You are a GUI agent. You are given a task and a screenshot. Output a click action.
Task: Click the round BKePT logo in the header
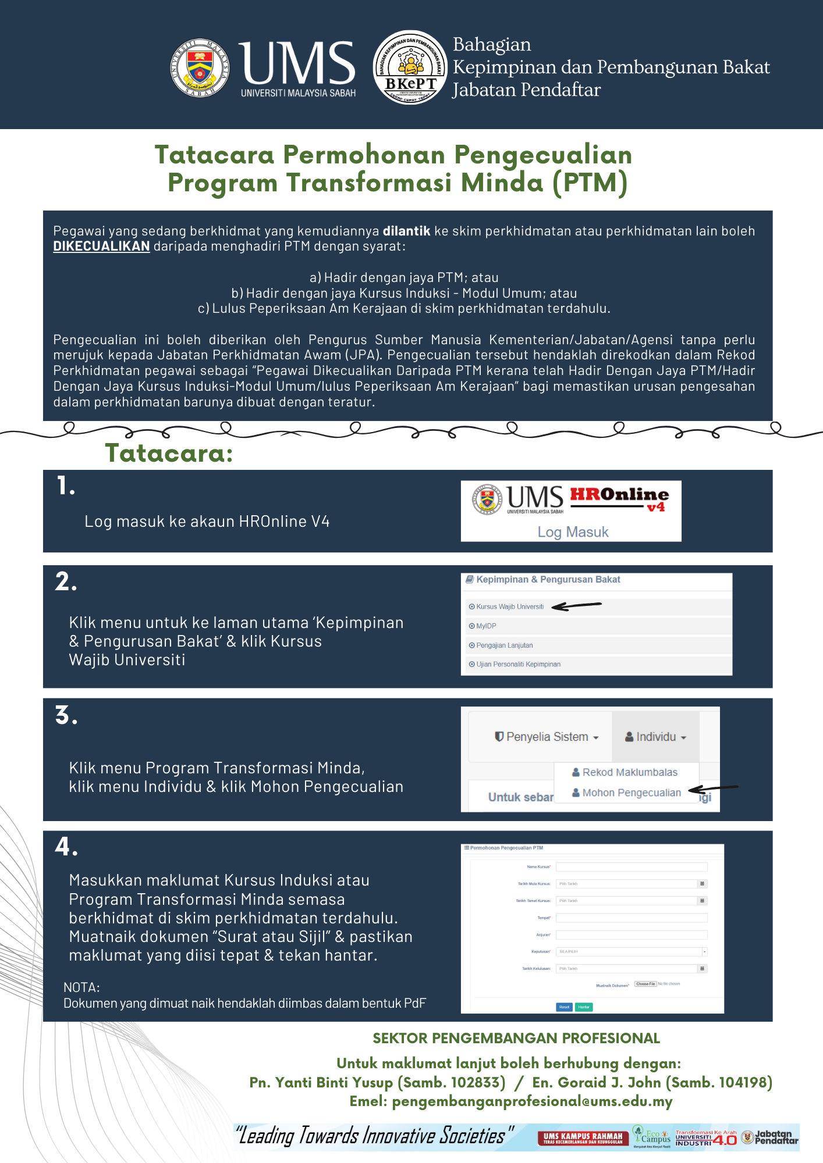[x=410, y=67]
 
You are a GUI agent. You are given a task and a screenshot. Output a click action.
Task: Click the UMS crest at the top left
[x=200, y=68]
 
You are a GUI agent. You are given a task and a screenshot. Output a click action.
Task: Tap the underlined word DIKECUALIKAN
[x=101, y=247]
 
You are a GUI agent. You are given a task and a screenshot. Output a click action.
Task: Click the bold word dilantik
[x=406, y=231]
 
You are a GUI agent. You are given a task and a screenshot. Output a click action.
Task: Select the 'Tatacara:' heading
[x=169, y=453]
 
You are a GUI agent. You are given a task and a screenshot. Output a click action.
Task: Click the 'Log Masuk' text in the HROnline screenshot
[x=573, y=532]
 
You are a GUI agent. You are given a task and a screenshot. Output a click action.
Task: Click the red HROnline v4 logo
[x=619, y=498]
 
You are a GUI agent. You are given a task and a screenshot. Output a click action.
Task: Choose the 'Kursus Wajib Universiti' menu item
[x=510, y=607]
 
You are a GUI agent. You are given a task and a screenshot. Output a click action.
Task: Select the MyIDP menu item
[x=486, y=626]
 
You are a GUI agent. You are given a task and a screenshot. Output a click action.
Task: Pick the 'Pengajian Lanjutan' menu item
[x=504, y=645]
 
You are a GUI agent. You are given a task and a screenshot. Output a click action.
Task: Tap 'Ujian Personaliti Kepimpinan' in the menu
[x=518, y=664]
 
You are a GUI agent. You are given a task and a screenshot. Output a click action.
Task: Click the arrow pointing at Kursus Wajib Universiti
[x=576, y=606]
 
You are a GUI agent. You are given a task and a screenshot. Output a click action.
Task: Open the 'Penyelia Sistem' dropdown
[x=547, y=737]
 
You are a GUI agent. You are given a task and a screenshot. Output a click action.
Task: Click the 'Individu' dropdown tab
[x=655, y=737]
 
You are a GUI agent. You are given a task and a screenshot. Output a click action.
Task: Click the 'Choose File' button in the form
[x=645, y=984]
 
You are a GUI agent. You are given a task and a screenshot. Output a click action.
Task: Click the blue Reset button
[x=564, y=1007]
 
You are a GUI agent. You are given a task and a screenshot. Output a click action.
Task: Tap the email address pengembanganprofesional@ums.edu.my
[x=532, y=1101]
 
